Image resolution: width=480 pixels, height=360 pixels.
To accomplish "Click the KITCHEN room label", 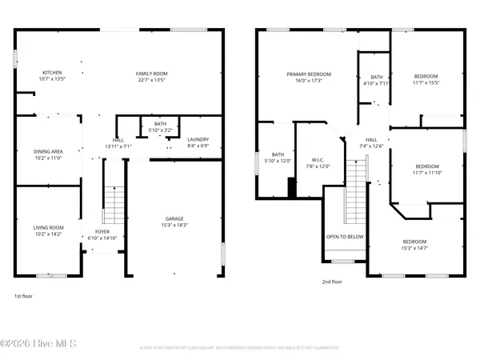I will coord(51,74).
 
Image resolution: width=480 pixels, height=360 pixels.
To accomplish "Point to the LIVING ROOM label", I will coord(49,227).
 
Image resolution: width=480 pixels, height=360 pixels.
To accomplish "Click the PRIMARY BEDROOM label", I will coord(309,74).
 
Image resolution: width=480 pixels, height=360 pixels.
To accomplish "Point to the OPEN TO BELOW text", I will coord(345,237).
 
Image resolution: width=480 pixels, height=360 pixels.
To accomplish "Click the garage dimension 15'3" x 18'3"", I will coord(175,226).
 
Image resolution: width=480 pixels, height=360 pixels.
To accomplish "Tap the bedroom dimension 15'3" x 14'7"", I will coord(414,248).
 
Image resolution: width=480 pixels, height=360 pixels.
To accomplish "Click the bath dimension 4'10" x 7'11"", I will coord(375,82).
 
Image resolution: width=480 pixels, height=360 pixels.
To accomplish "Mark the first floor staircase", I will coord(115,206).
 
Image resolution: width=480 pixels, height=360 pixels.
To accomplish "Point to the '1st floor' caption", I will coord(23,296).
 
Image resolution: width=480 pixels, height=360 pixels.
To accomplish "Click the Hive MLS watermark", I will coord(38,345).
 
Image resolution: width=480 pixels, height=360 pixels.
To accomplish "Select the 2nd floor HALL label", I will coord(371,139).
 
